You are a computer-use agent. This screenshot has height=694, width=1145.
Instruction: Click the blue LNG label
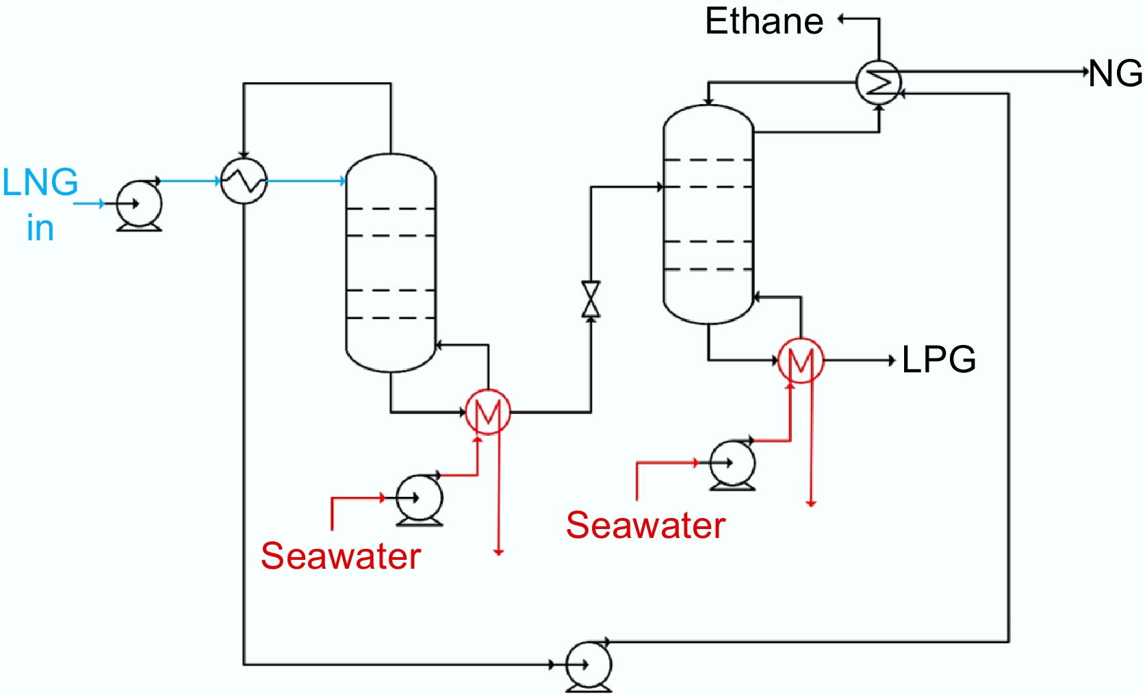[40, 183]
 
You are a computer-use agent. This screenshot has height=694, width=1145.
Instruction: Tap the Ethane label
[764, 21]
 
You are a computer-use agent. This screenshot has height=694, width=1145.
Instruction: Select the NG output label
[1116, 73]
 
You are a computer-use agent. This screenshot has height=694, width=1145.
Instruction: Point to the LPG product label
[938, 359]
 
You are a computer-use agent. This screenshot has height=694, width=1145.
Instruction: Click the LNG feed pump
[139, 204]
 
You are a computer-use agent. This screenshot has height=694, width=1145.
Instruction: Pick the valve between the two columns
[591, 299]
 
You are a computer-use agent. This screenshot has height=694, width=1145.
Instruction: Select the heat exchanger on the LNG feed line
[244, 181]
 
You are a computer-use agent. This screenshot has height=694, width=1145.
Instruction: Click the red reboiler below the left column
[488, 412]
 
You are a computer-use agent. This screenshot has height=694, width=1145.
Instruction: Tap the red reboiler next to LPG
[801, 360]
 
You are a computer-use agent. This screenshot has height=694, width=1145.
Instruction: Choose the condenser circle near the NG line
[879, 82]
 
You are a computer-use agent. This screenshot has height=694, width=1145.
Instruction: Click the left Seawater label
[340, 556]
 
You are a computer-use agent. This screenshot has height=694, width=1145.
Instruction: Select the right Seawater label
[645, 526]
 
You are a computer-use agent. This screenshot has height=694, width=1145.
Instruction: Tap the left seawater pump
[420, 498]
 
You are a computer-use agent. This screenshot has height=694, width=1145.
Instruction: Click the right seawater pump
[732, 463]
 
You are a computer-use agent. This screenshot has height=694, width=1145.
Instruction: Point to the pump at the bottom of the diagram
[589, 665]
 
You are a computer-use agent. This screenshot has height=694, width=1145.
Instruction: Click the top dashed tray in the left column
[391, 209]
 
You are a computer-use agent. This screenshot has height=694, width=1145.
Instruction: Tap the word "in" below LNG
[40, 228]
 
